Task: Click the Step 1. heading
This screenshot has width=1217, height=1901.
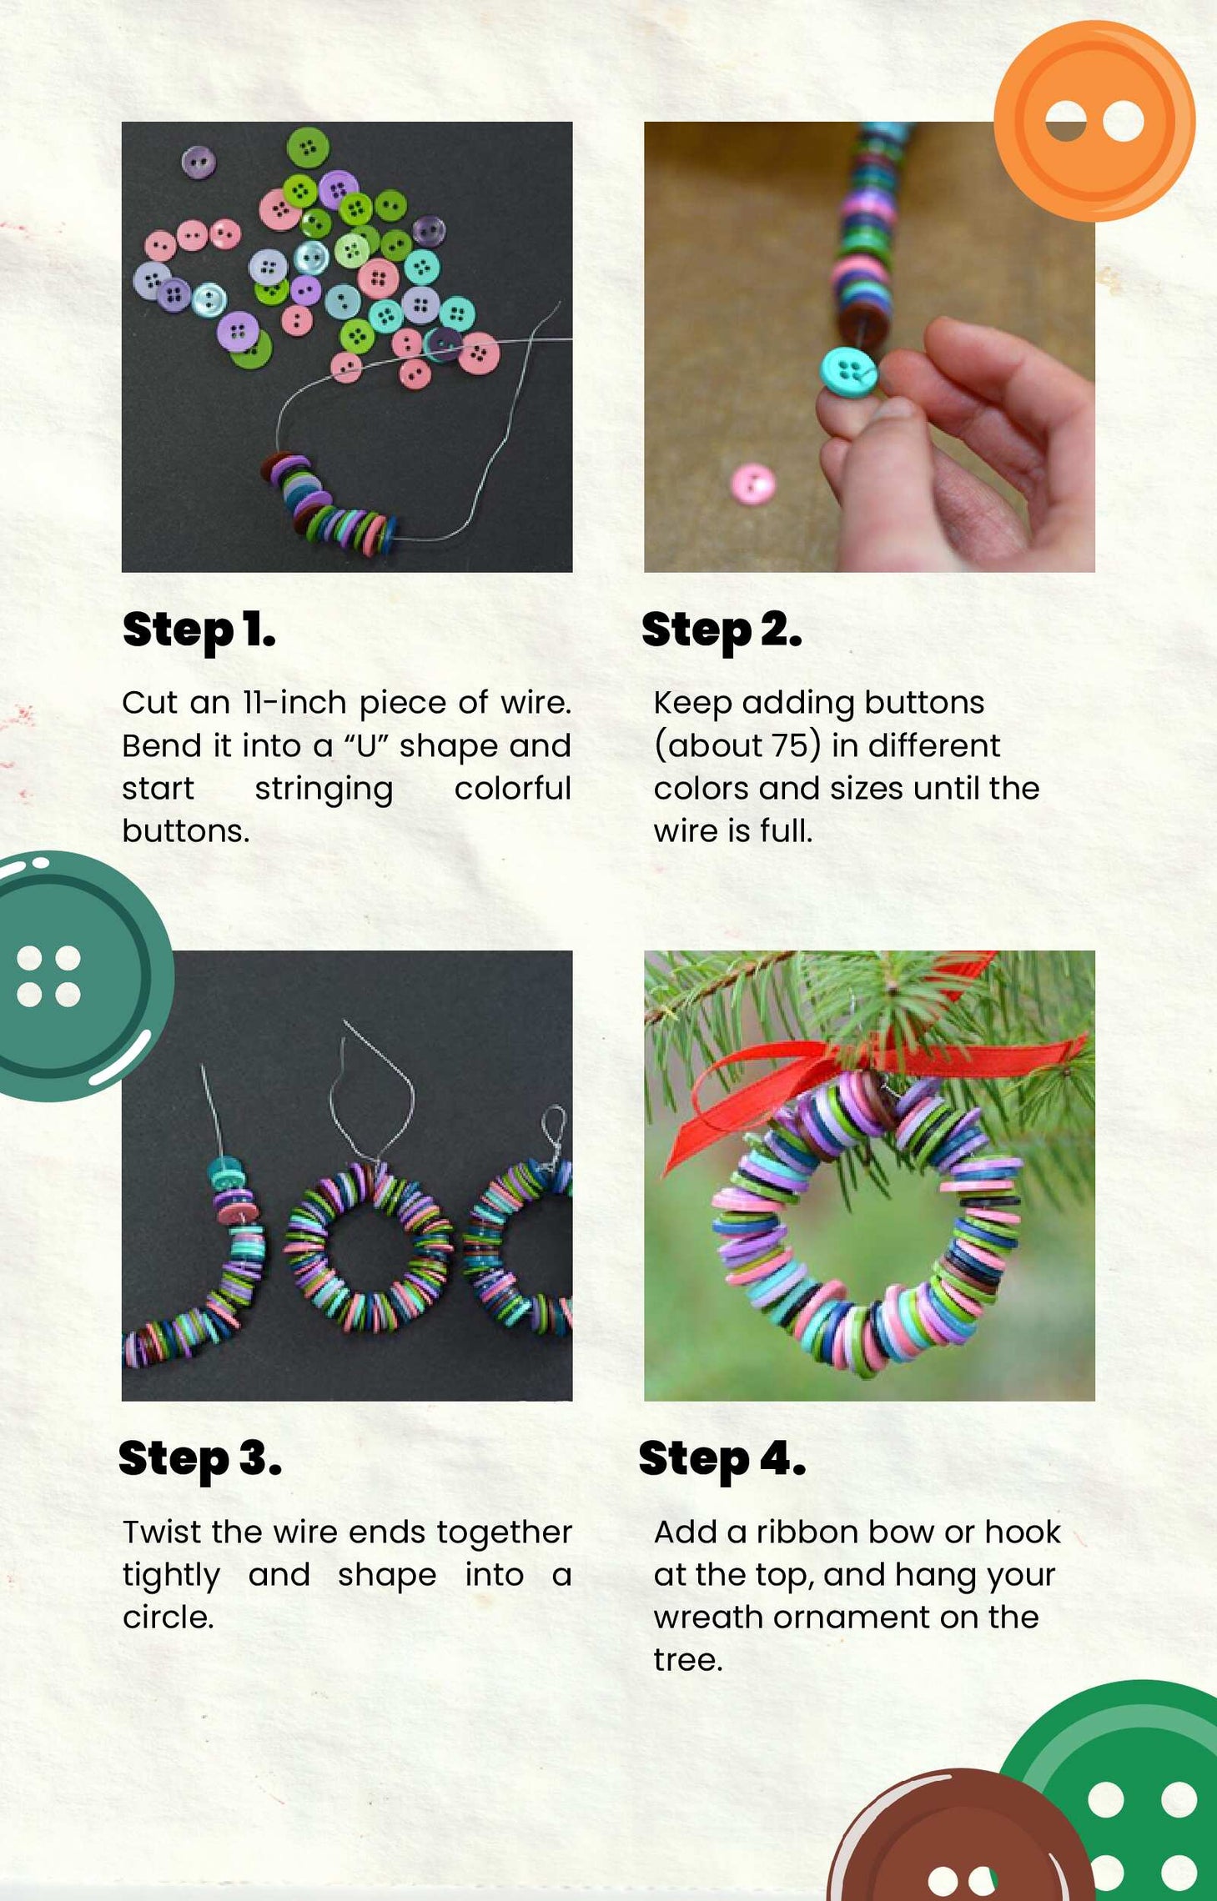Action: tap(199, 631)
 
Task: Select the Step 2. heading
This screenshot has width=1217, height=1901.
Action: tap(722, 631)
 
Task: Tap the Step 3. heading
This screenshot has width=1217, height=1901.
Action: tap(200, 1460)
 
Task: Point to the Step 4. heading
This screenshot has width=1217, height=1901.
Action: tap(722, 1460)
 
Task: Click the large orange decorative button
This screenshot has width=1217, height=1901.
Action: tap(1094, 121)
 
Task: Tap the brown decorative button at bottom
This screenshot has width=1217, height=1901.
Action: tap(959, 1838)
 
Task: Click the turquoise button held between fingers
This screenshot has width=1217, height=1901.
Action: tap(849, 370)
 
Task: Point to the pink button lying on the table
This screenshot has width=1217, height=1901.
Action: tap(753, 484)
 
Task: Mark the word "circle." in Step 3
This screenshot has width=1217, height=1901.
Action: tap(168, 1618)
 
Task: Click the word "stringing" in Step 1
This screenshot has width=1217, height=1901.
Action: tap(324, 790)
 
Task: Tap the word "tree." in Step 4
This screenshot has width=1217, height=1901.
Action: tap(688, 1660)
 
